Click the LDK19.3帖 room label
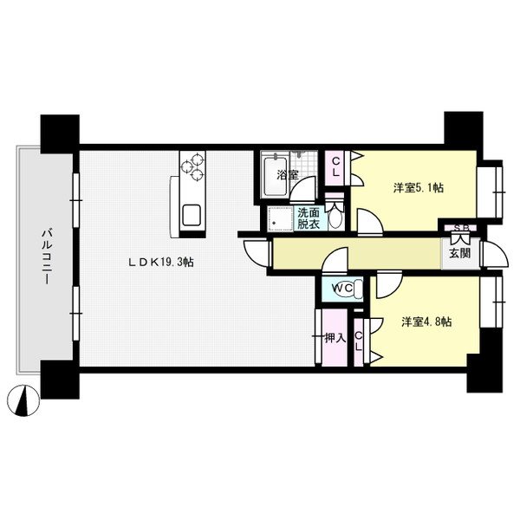pyautogui.click(x=161, y=263)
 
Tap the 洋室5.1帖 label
pyautogui.click(x=419, y=188)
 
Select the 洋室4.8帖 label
pyautogui.click(x=426, y=322)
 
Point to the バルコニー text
pyautogui.click(x=46, y=257)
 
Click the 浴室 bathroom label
pyautogui.click(x=288, y=175)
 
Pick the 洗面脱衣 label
pyautogui.click(x=308, y=218)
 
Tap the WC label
pyautogui.click(x=342, y=288)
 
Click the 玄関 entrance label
pyautogui.click(x=459, y=253)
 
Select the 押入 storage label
pyautogui.click(x=335, y=338)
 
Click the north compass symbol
pyautogui.click(x=23, y=400)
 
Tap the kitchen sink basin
pyautogui.click(x=192, y=216)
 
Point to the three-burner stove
pyautogui.click(x=192, y=166)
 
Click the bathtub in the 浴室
pyautogui.click(x=275, y=177)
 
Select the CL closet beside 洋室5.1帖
pyautogui.click(x=335, y=167)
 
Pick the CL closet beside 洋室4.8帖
pyautogui.click(x=359, y=342)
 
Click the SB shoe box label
pyautogui.click(x=461, y=228)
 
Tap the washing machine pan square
pyautogui.click(x=281, y=218)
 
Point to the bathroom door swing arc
pyautogui.click(x=302, y=189)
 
